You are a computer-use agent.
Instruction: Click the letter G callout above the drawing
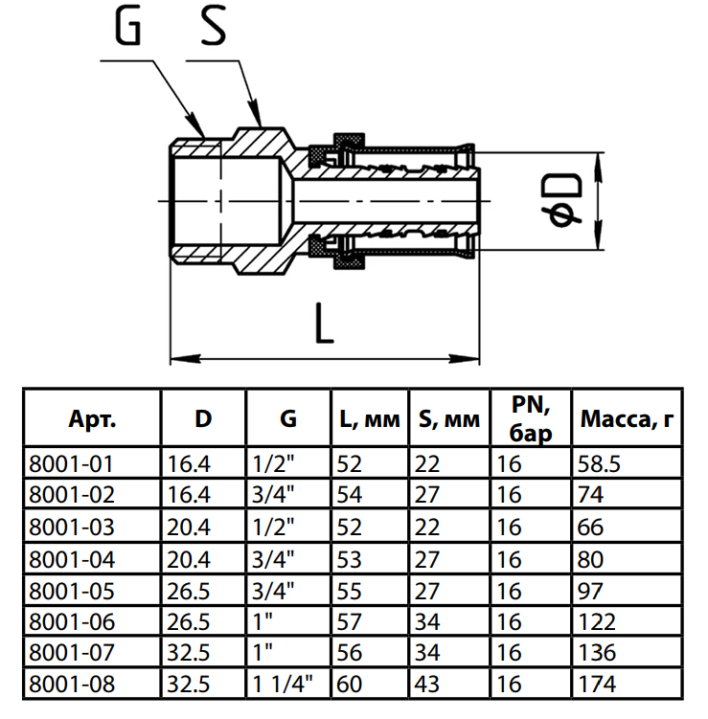[127, 29]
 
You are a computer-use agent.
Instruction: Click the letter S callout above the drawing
[212, 29]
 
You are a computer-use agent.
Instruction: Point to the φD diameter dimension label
[567, 201]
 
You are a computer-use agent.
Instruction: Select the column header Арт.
[92, 418]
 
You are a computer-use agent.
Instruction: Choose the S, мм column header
[448, 418]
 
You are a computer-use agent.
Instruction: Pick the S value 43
[428, 684]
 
